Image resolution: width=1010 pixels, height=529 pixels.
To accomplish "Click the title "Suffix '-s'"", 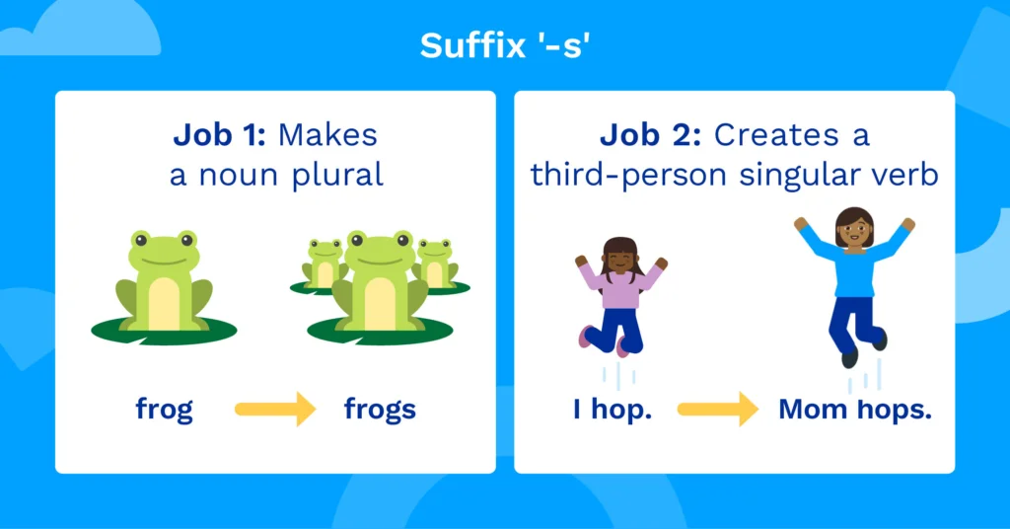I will click(x=504, y=45).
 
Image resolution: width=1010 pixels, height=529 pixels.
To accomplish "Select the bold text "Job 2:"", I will click(x=651, y=134).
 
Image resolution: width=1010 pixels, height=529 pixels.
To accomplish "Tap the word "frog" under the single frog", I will click(x=165, y=409).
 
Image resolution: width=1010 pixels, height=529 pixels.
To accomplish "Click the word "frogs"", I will click(x=380, y=409).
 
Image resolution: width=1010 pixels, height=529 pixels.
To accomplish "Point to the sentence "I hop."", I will click(x=613, y=409).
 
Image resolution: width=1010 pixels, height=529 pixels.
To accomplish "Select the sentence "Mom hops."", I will click(x=855, y=409).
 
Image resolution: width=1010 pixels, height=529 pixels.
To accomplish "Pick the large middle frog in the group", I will click(x=379, y=281).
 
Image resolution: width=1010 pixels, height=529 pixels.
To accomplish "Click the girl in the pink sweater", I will click(x=620, y=294).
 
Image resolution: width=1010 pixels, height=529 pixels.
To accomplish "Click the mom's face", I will click(x=854, y=230).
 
